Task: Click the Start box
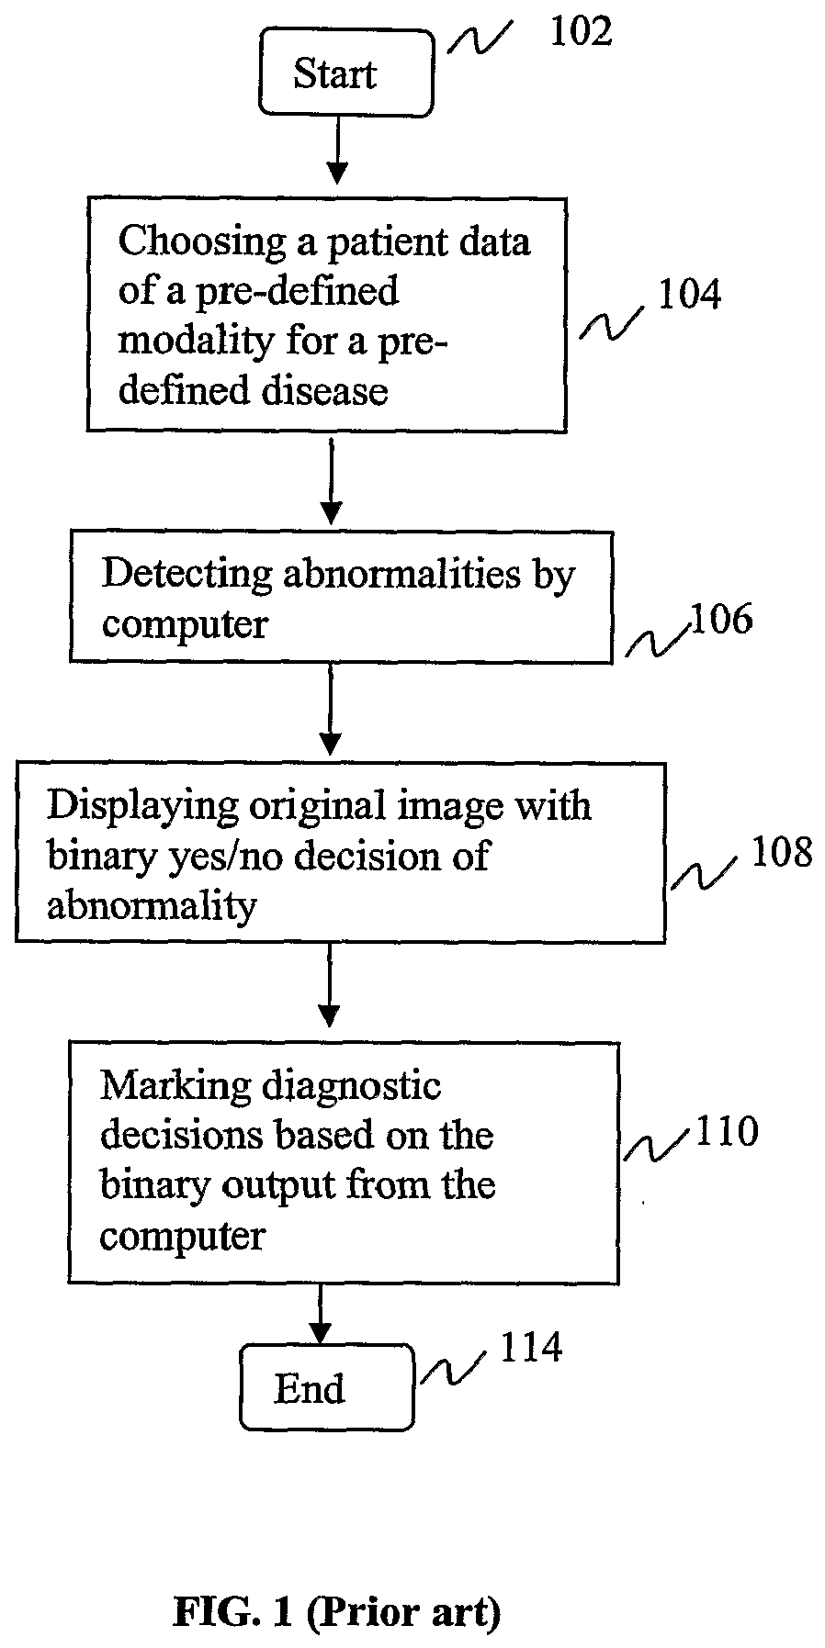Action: pos(345,73)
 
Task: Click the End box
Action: pos(326,1387)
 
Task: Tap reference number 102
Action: pos(580,32)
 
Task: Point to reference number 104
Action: pos(689,295)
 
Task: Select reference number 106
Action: pos(721,620)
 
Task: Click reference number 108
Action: pos(782,853)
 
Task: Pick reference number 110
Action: pos(727,1131)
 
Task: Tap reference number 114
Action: pos(530,1348)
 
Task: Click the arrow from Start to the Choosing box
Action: pos(338,151)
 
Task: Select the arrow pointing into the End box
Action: pos(320,1314)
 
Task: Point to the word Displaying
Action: pos(143,805)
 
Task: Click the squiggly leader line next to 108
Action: pos(703,870)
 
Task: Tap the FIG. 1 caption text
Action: pos(336,1612)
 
